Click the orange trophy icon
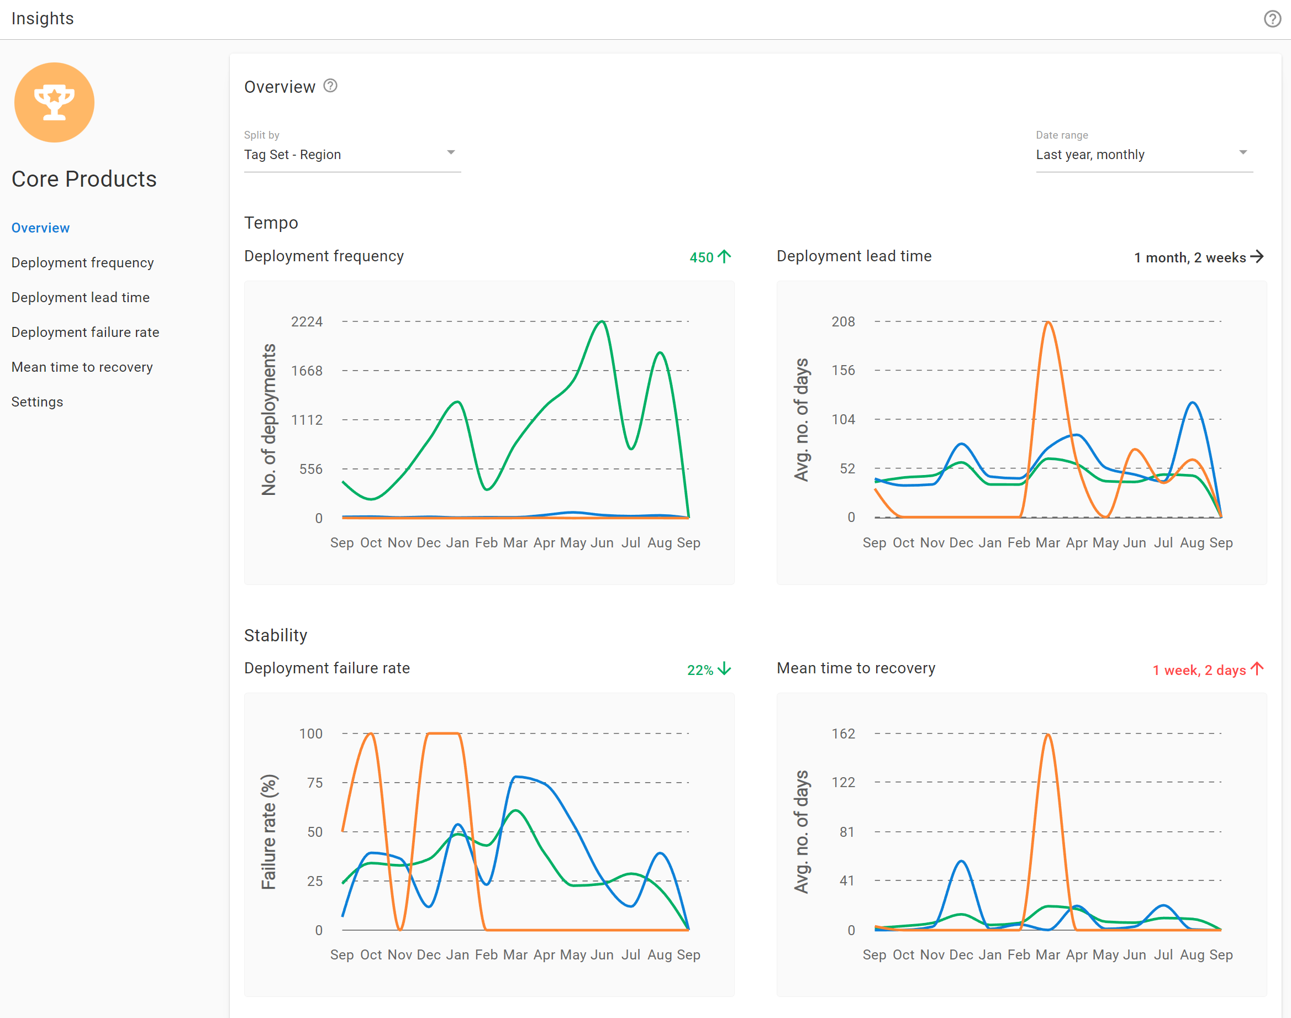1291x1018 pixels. pos(54,103)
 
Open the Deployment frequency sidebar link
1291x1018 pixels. pos(82,263)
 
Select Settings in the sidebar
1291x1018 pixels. pos(37,402)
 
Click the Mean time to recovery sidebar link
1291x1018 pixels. pos(82,367)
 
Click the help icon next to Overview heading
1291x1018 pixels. pos(330,86)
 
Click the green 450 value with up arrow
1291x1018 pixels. pos(709,257)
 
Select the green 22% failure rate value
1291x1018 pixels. pos(708,669)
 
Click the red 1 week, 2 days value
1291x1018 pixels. pos(1207,669)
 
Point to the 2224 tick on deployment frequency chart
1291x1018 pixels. pos(307,322)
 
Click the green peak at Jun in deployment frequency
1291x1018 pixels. pos(603,322)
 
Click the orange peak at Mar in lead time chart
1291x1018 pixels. pos(1048,323)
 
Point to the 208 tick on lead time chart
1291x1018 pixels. pos(843,322)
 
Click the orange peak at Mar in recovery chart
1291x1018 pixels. pos(1048,734)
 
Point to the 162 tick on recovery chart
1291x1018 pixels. pos(843,734)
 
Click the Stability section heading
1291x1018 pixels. pos(275,635)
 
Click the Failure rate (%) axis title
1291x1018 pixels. pos(269,831)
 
